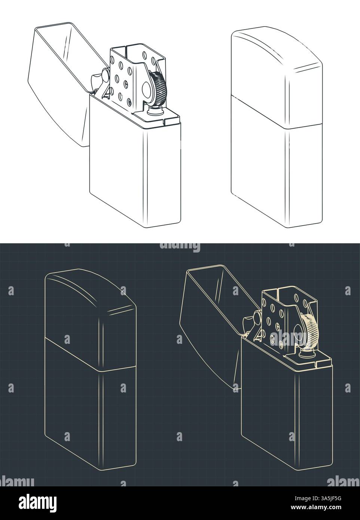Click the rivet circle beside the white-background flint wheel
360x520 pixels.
146,89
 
